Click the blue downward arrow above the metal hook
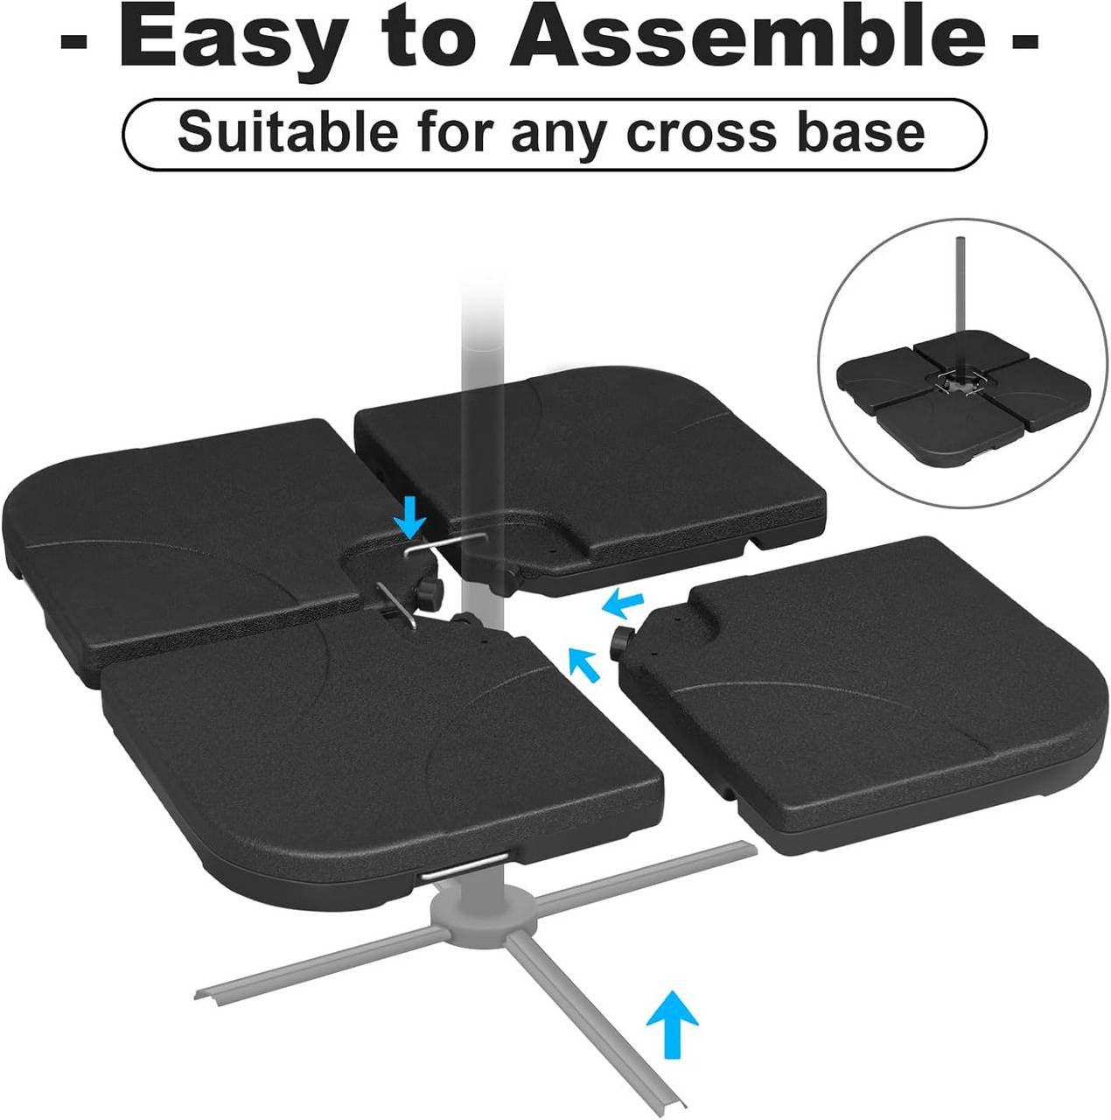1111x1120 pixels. pyautogui.click(x=409, y=521)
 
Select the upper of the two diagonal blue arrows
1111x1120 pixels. pyautogui.click(x=623, y=602)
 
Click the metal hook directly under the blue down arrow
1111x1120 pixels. pyautogui.click(x=432, y=547)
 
